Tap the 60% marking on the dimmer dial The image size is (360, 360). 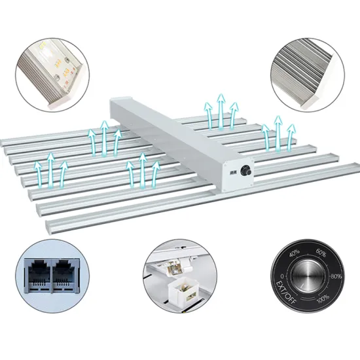pos(320,252)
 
